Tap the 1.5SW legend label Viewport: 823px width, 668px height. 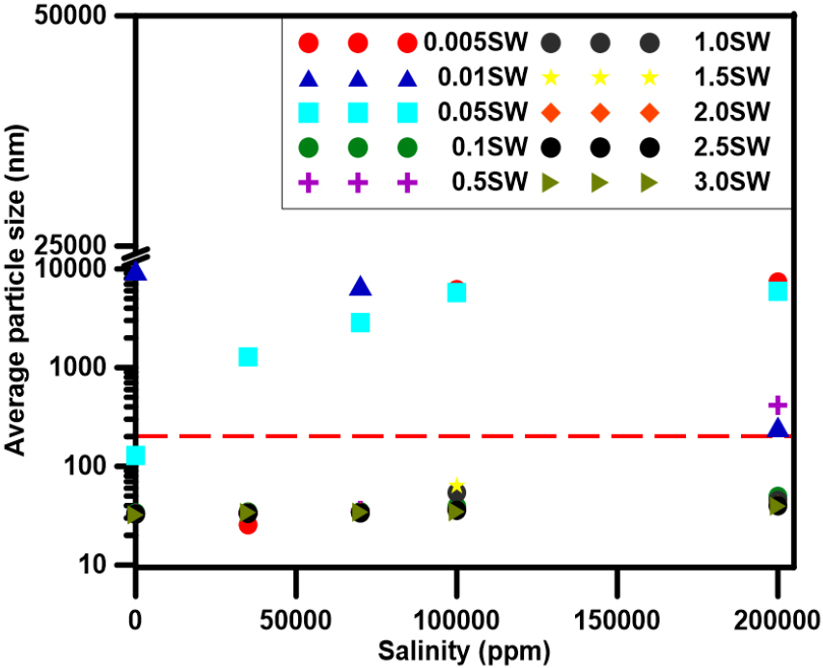pos(730,78)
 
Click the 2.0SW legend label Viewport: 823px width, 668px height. pos(730,113)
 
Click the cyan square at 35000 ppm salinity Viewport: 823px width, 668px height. pos(248,357)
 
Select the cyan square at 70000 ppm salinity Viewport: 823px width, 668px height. pos(360,322)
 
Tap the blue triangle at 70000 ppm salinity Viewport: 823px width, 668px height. pos(360,287)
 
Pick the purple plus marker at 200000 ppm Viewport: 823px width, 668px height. pos(778,404)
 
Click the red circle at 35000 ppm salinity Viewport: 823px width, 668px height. pos(248,525)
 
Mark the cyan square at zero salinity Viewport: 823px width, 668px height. pos(136,455)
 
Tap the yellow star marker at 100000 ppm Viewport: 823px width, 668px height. pos(456,485)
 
